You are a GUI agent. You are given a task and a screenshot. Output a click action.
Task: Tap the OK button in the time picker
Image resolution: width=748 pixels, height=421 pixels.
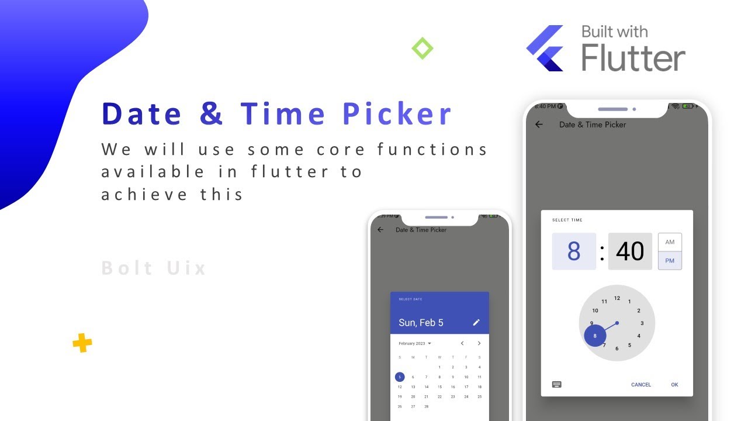pos(674,385)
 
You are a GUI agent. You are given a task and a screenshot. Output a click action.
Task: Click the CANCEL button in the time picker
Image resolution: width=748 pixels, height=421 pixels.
pos(640,385)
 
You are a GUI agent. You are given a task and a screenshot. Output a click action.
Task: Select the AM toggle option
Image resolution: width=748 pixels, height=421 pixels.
pos(670,242)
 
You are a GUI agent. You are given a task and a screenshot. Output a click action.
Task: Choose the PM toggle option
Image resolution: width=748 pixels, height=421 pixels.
pos(670,261)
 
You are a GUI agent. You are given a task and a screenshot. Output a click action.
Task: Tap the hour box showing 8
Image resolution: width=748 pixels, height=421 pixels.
pos(574,251)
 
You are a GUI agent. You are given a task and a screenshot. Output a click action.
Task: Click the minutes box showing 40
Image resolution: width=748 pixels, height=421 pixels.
pos(630,251)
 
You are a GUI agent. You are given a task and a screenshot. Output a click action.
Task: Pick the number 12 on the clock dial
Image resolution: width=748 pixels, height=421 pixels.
pos(617,298)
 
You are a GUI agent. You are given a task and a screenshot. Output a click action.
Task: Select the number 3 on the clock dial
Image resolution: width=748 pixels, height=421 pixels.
pos(642,323)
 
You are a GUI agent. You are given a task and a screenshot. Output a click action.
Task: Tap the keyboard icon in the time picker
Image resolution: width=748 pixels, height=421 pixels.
pos(557,385)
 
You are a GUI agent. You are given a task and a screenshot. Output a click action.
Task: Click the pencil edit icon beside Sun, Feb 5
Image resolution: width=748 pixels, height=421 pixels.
pos(476,322)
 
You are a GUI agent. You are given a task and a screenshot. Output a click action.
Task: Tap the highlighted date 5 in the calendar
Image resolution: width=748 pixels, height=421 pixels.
pos(400,377)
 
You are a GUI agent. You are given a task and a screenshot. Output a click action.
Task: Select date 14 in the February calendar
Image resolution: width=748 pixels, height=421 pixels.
pos(427,387)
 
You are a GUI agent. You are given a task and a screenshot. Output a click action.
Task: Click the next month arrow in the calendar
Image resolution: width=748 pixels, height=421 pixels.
pos(479,343)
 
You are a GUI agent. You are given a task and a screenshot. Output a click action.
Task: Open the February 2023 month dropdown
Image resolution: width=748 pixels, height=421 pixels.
pos(414,343)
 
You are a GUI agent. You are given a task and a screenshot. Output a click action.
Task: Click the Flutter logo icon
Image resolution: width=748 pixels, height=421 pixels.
pos(545,49)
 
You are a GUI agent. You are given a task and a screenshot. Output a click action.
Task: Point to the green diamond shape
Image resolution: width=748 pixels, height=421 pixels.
pos(423,48)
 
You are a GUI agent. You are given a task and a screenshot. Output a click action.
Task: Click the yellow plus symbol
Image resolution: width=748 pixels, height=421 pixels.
pos(82,343)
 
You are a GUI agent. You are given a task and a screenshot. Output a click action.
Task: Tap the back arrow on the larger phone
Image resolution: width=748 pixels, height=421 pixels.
pos(539,125)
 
